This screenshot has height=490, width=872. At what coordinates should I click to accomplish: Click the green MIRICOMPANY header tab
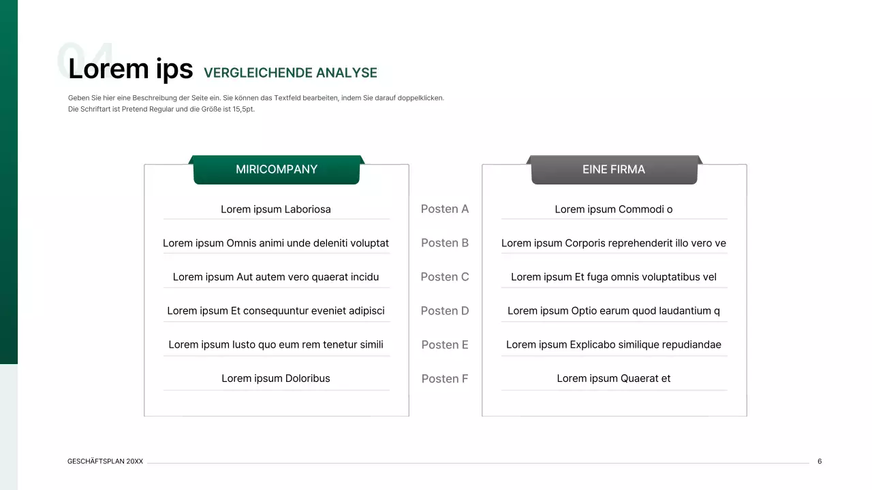[276, 169]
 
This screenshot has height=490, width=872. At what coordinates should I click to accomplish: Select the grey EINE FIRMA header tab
[613, 169]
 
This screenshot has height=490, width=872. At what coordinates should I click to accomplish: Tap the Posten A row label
[445, 209]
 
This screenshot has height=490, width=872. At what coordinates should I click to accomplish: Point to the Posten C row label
[445, 277]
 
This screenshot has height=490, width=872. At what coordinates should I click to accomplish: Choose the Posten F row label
[445, 379]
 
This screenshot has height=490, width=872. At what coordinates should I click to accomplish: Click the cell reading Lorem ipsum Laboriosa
[276, 210]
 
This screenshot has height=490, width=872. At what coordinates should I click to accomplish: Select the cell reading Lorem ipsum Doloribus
[276, 379]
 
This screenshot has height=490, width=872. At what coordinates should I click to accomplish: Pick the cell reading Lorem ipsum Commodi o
[613, 210]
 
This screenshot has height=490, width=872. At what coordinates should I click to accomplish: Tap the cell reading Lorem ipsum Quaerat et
[613, 379]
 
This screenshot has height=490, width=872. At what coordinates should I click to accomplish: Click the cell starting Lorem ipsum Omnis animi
[276, 244]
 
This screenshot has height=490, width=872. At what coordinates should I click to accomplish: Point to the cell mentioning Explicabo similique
[613, 345]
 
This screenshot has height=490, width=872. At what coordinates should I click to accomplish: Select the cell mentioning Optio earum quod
[613, 311]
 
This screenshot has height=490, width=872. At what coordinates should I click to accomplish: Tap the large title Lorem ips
[130, 69]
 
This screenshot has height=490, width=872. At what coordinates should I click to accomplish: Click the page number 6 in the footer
[820, 461]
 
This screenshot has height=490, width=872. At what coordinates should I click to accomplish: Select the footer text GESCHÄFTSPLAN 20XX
[105, 461]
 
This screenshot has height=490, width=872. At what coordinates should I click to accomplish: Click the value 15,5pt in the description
[243, 109]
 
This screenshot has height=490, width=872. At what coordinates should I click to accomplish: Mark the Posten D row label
[445, 311]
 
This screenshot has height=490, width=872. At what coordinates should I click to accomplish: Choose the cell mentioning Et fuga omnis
[613, 277]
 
